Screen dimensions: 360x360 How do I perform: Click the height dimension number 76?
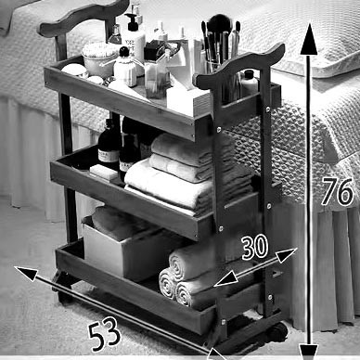click(x=337, y=192)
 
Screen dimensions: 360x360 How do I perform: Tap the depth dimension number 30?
click(x=255, y=247)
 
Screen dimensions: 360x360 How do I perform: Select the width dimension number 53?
click(x=104, y=334)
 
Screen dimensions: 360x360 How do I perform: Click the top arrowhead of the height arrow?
click(x=309, y=40)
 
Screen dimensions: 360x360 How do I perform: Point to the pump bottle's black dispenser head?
click(x=132, y=22)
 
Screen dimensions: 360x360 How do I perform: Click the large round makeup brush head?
click(x=219, y=24)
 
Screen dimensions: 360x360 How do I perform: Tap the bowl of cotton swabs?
click(x=98, y=58)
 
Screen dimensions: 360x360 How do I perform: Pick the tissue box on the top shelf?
click(x=187, y=99)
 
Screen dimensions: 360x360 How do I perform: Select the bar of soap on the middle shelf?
click(x=104, y=172)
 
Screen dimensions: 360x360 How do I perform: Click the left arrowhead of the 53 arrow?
click(x=26, y=273)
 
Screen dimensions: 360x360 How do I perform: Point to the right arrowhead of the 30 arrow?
click(x=286, y=255)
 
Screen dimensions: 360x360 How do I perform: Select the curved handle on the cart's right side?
click(x=240, y=64)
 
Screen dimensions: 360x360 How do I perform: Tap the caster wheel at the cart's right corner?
click(x=276, y=332)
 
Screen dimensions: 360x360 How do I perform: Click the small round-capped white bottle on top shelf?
click(x=125, y=67)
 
